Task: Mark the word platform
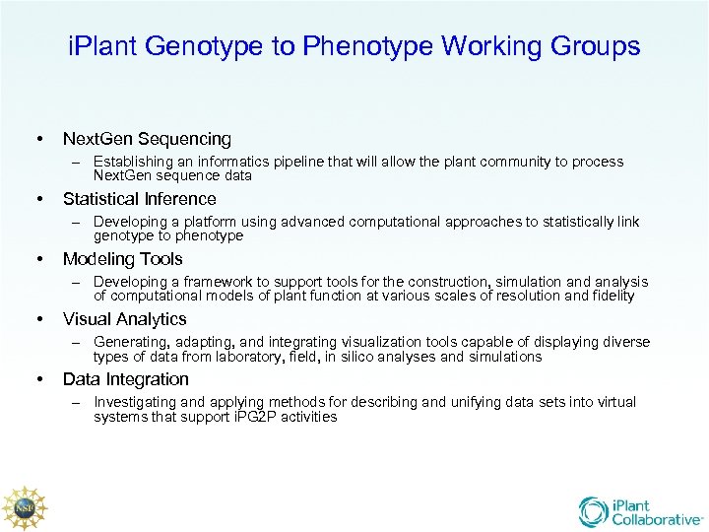click(198, 222)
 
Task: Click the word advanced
click(318, 222)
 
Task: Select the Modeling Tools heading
click(122, 259)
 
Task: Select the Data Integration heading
click(126, 379)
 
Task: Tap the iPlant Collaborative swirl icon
click(593, 511)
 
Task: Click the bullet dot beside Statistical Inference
click(39, 199)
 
